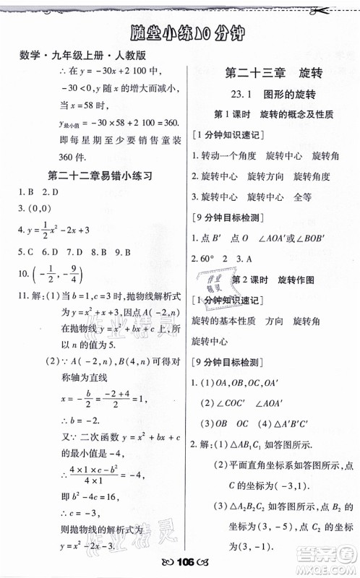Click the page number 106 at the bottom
click(181, 564)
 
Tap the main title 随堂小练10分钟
click(180, 33)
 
